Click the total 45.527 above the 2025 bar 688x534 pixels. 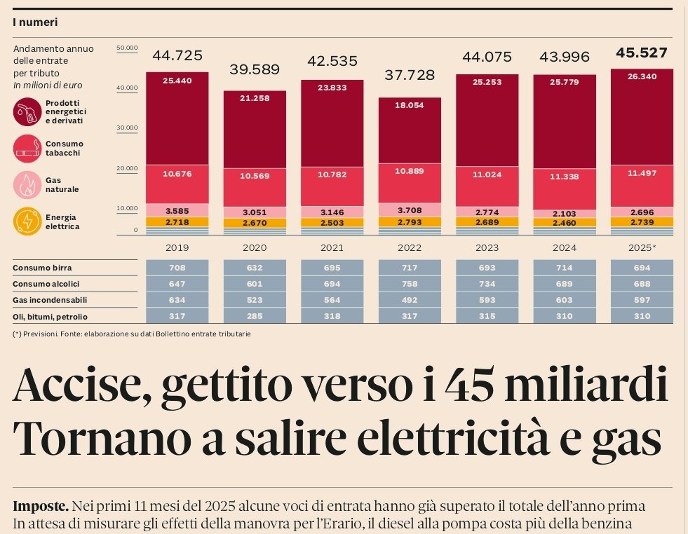[x=642, y=53]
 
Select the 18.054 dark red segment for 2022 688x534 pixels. [x=410, y=104]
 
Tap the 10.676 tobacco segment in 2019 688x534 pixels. [x=177, y=174]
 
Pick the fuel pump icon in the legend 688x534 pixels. [x=27, y=111]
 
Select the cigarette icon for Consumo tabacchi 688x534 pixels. [x=27, y=149]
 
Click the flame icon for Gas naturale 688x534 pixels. [x=27, y=185]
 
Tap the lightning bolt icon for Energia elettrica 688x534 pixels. [x=27, y=222]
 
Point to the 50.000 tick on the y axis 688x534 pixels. [x=127, y=48]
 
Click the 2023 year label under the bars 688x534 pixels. [x=487, y=247]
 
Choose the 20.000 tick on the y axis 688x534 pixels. [x=127, y=168]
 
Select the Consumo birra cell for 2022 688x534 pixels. [x=410, y=268]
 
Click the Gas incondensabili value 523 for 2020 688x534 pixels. [x=255, y=300]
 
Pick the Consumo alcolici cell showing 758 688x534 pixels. [x=410, y=284]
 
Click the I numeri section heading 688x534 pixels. [x=35, y=22]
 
